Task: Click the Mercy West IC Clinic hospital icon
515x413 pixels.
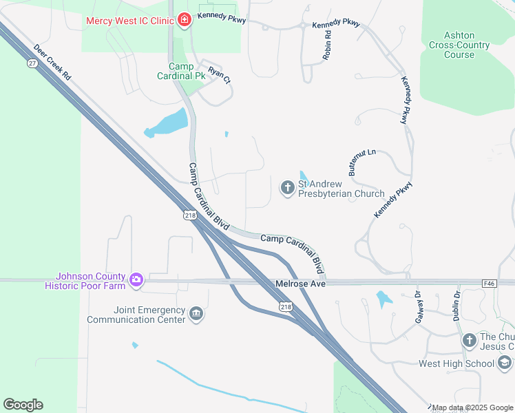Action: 184,20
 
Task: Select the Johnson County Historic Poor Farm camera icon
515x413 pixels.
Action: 136,279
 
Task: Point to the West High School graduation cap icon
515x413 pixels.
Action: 504,363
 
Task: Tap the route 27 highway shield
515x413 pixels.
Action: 32,63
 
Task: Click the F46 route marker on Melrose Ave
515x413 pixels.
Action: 490,282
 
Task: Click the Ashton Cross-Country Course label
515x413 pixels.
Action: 458,45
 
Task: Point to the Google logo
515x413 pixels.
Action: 23,405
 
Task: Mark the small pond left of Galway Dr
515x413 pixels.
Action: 383,299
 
